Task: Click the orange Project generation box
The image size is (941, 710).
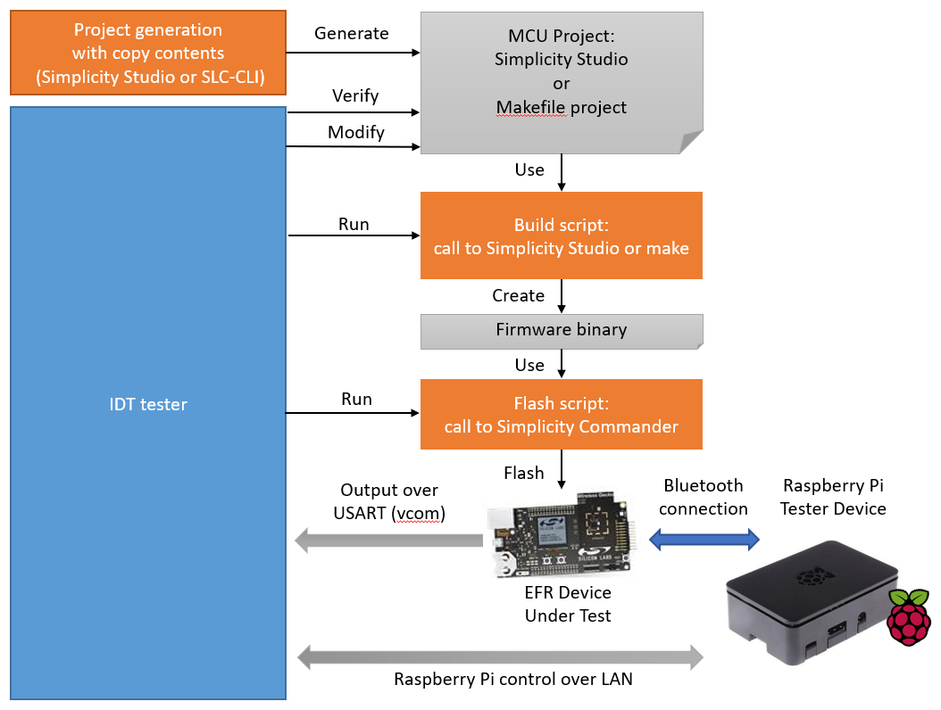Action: pos(148,54)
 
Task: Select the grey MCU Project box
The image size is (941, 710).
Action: pos(561,83)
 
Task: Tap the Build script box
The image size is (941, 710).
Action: pos(561,236)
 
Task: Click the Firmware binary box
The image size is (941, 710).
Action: pos(561,330)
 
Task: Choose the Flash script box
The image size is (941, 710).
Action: pos(561,415)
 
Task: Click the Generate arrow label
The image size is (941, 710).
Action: pos(352,34)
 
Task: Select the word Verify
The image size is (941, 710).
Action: pos(355,95)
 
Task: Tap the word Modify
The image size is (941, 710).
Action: pos(355,132)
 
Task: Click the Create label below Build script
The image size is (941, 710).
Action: pos(518,295)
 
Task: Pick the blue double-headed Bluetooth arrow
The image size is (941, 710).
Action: pos(704,539)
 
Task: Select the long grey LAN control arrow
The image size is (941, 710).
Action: pos(500,658)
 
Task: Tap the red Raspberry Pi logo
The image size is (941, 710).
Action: pos(909,615)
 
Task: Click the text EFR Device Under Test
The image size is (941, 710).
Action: pos(568,604)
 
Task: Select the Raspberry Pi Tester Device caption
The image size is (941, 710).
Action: pos(834,497)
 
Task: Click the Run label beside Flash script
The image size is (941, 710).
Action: pos(356,399)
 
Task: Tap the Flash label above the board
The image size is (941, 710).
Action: pos(523,473)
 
